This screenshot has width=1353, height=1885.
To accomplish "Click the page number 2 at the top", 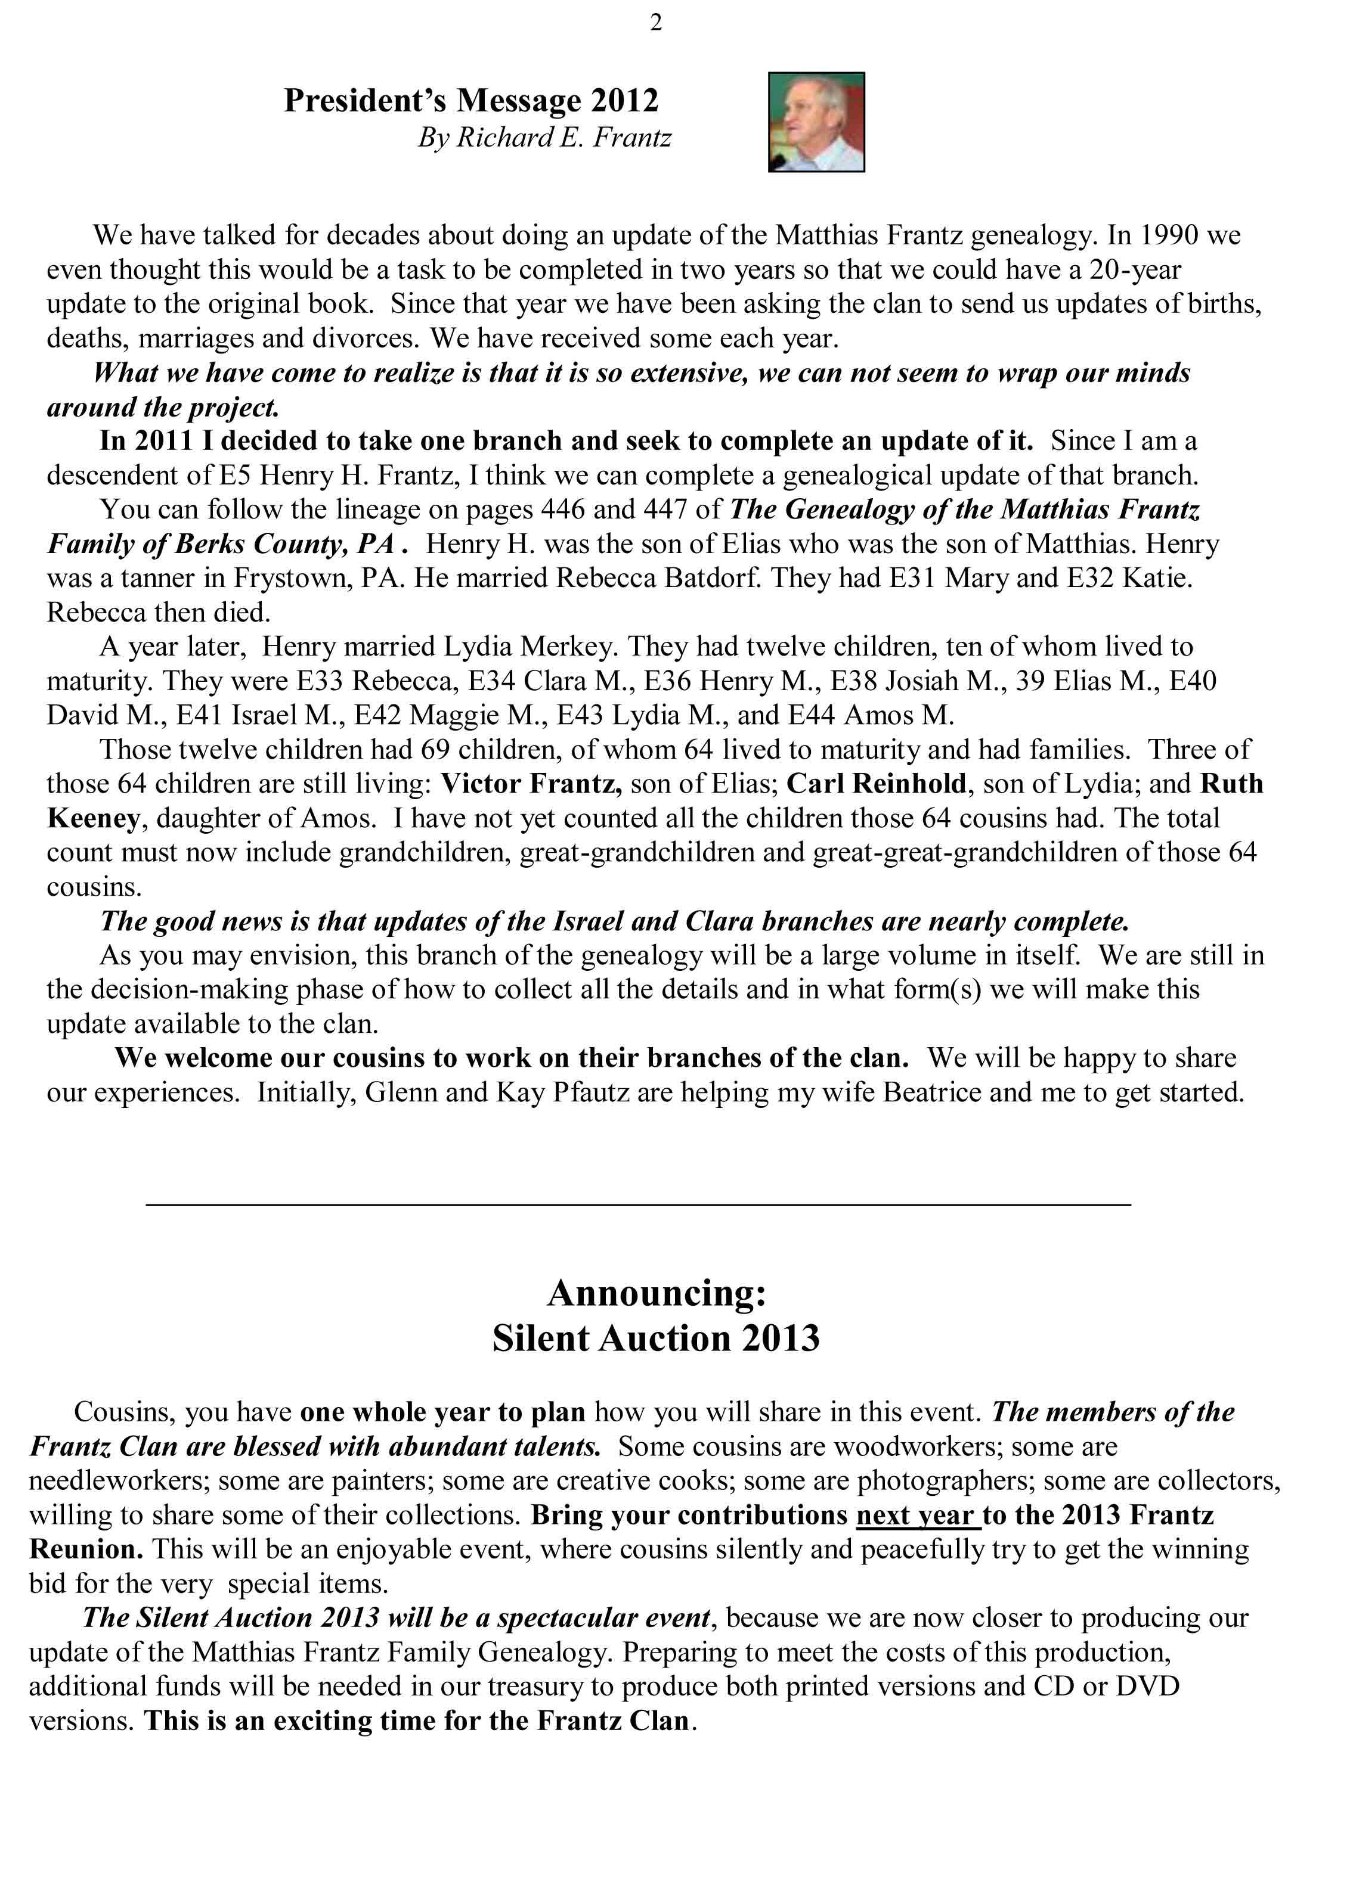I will [656, 23].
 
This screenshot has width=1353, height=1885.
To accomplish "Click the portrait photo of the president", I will [816, 122].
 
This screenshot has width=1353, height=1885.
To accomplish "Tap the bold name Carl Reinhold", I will [877, 784].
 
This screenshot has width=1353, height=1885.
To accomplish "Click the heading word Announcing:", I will [656, 1293].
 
